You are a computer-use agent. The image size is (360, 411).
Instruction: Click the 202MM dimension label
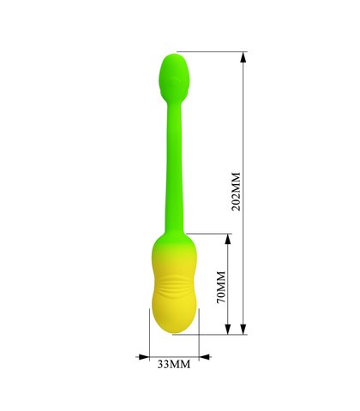click(x=236, y=191)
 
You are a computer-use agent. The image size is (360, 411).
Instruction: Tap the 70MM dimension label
click(x=221, y=288)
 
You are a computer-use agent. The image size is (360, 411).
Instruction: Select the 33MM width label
click(x=174, y=364)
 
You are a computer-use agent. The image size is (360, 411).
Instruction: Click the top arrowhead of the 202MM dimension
click(x=243, y=57)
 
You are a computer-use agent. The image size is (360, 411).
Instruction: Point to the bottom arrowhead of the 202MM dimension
click(x=243, y=329)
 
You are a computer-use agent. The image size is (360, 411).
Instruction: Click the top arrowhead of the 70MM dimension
click(x=227, y=239)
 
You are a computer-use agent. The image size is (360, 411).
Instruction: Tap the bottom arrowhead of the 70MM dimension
click(x=227, y=329)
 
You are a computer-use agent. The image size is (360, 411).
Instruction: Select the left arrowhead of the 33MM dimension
click(x=144, y=357)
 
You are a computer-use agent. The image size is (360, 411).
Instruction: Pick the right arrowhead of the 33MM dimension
click(x=205, y=357)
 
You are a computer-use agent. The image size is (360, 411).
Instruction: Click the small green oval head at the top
click(x=174, y=78)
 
